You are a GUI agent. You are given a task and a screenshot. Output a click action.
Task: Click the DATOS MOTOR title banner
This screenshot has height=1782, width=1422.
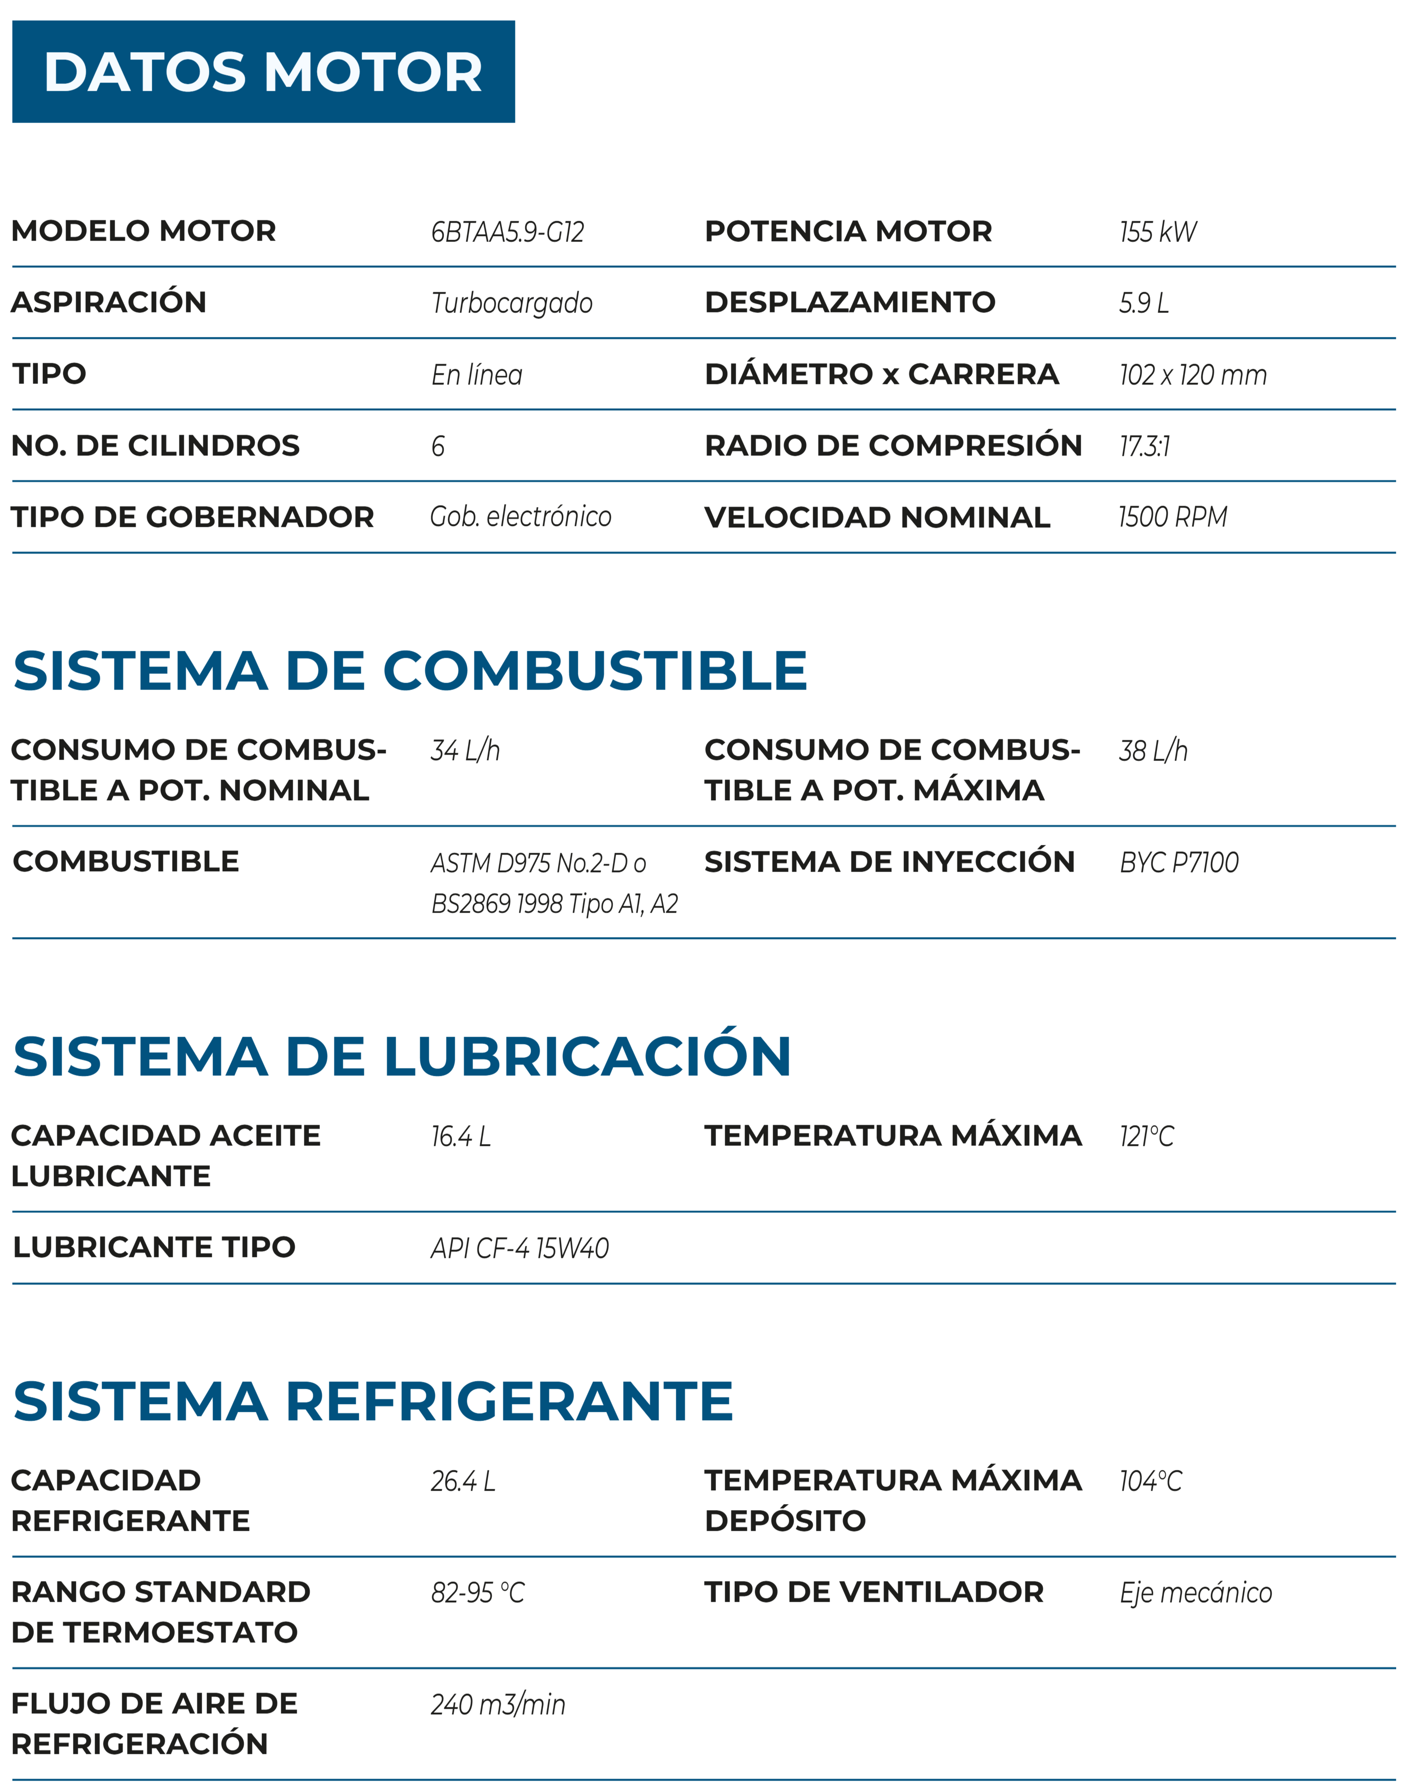pyautogui.click(x=263, y=72)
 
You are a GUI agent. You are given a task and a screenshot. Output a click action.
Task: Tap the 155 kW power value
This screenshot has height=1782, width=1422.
pyautogui.click(x=1157, y=232)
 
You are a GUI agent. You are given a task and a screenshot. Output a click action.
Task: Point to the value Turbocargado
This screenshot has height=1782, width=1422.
pyautogui.click(x=512, y=303)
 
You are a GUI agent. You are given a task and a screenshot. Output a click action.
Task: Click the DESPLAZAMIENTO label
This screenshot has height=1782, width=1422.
pyautogui.click(x=850, y=302)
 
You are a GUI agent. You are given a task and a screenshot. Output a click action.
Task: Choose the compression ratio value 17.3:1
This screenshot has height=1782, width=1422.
pyautogui.click(x=1144, y=446)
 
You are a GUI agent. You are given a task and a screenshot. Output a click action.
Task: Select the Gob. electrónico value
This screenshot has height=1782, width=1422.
pyautogui.click(x=521, y=518)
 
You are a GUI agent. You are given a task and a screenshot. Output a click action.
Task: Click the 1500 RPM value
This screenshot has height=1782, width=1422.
pyautogui.click(x=1172, y=518)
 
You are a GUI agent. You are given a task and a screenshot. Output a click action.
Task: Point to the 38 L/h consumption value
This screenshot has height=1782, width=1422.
pyautogui.click(x=1153, y=750)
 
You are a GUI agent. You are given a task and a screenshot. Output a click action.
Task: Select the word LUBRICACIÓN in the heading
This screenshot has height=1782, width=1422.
pyautogui.click(x=587, y=1056)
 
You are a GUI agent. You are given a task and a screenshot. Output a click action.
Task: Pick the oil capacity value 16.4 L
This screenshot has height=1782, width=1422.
pyautogui.click(x=460, y=1137)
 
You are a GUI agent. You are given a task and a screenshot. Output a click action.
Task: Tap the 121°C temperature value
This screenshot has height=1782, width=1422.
pyautogui.click(x=1146, y=1137)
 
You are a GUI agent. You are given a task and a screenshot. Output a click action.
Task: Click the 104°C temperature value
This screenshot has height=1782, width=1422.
pyautogui.click(x=1150, y=1481)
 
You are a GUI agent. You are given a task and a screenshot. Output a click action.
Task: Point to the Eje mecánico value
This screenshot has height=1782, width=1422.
pyautogui.click(x=1196, y=1593)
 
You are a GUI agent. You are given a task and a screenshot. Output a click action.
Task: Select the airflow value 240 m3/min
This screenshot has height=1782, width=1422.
pyautogui.click(x=498, y=1704)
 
